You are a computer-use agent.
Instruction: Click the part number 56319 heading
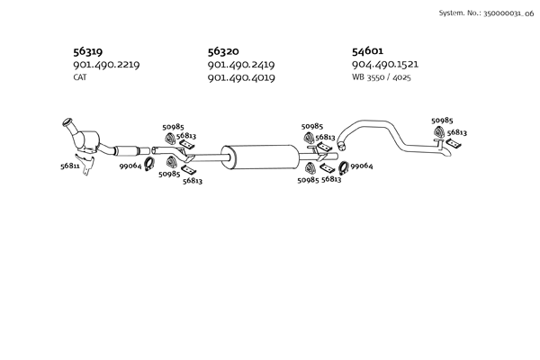pos(88,51)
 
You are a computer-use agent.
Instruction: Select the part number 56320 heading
pos(223,51)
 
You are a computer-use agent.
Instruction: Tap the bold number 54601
pos(369,51)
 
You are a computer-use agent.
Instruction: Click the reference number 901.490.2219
pos(105,65)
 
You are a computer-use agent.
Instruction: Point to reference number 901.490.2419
pos(240,65)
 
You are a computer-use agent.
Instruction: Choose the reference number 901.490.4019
pos(240,78)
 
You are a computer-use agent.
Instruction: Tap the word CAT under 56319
pos(80,77)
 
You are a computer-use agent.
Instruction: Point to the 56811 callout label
pos(69,166)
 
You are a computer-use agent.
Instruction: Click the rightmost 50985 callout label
pos(442,121)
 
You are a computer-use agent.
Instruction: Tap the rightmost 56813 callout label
pos(457,132)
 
